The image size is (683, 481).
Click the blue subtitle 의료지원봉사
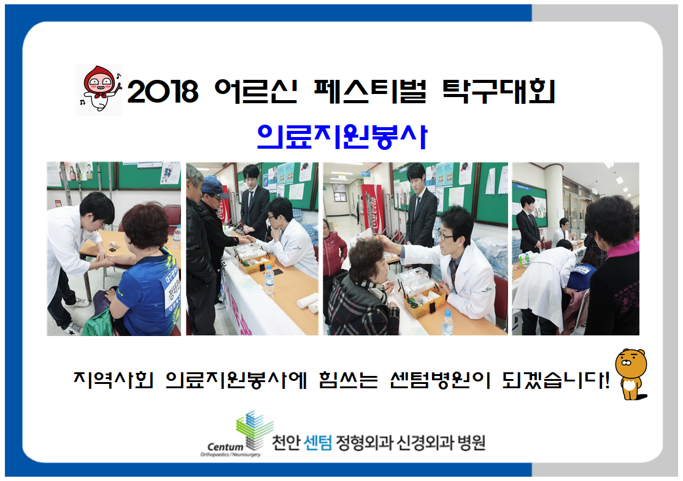coord(342,136)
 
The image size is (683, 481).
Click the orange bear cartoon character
coord(631,374)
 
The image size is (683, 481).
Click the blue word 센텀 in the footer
coord(318,443)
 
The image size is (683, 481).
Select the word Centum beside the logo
coord(225,447)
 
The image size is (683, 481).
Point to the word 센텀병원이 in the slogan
coord(441,380)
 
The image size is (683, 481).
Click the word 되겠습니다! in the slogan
coord(555,380)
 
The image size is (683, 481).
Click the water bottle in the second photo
coord(269,280)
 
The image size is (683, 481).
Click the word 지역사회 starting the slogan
coord(114,380)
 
